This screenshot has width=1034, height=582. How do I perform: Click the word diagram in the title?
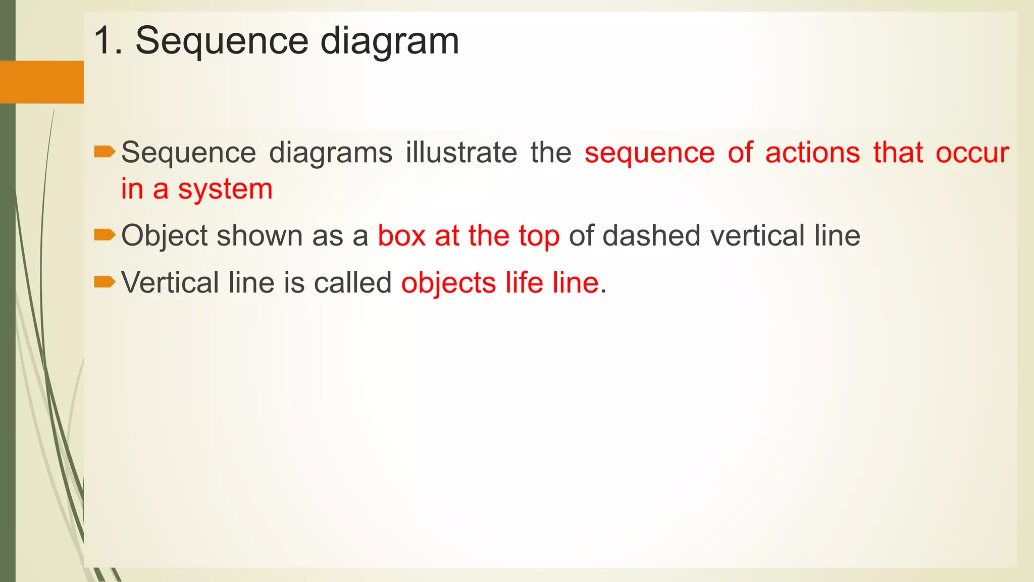point(390,42)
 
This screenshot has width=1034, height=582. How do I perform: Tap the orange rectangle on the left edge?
point(41,82)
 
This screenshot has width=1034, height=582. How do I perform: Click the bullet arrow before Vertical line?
point(105,282)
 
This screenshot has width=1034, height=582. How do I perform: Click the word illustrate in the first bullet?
point(461,153)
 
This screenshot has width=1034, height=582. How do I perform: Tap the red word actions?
point(812,153)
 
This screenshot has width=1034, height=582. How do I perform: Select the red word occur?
point(972,153)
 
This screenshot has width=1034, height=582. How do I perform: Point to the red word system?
point(225,189)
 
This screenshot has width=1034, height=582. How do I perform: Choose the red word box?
point(401,235)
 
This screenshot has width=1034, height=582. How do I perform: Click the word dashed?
point(651,235)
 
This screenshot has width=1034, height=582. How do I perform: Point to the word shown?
point(260,235)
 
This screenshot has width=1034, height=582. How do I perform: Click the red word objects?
point(448,283)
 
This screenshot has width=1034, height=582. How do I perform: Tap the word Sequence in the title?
point(222,42)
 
